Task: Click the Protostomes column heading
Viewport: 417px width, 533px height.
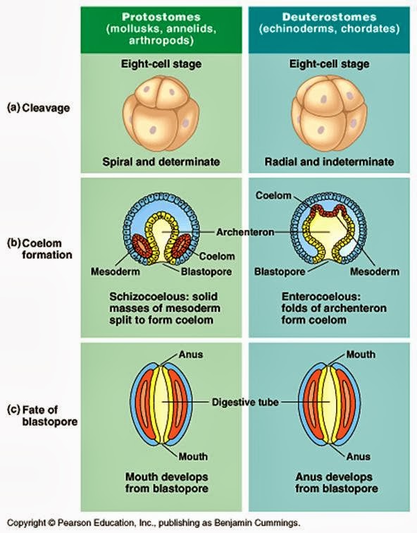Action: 163,16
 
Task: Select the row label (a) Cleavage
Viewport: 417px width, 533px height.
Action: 43,108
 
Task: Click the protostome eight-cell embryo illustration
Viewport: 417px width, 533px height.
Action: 163,113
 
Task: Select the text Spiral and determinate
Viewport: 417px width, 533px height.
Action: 163,162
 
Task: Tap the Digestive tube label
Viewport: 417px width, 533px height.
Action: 244,403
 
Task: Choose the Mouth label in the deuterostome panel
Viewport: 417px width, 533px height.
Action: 361,355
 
